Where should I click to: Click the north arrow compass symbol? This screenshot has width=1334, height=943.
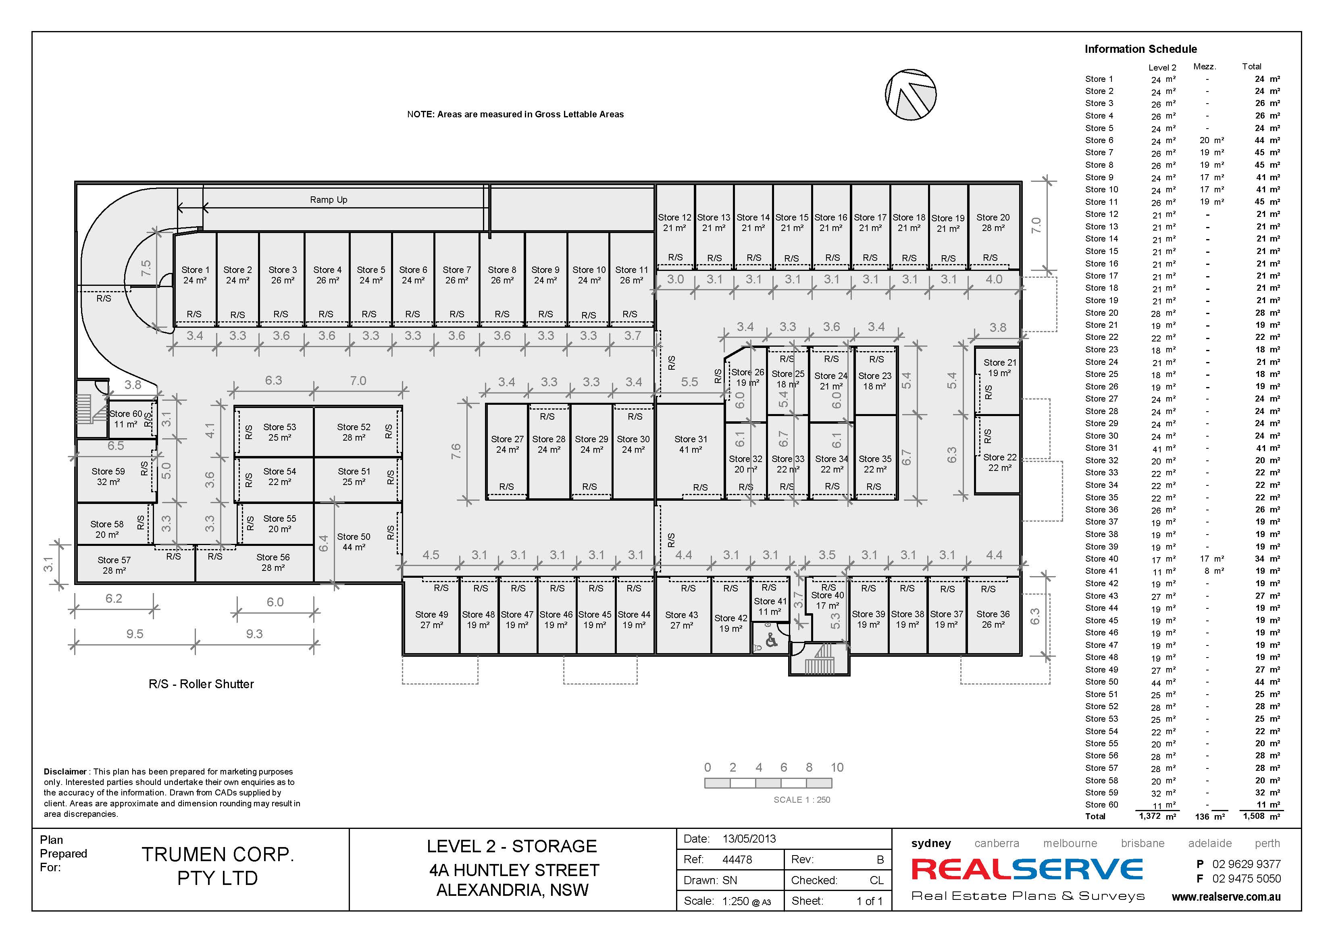click(x=910, y=95)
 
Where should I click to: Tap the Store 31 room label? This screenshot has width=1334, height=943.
click(x=691, y=444)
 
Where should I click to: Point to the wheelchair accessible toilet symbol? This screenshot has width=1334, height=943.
click(x=771, y=641)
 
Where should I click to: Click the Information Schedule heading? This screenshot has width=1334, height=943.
click(x=1140, y=49)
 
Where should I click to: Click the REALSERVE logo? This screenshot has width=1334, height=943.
click(x=1027, y=870)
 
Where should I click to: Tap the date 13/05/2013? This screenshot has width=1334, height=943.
click(x=749, y=839)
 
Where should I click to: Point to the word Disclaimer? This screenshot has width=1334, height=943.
click(x=65, y=772)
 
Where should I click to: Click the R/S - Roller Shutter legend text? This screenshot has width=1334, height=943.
click(x=201, y=684)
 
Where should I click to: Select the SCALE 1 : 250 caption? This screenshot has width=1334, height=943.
click(x=802, y=800)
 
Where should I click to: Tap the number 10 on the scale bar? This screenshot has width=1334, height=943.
click(x=837, y=768)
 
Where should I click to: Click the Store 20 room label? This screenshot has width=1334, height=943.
click(x=993, y=223)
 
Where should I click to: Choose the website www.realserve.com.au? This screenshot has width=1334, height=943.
click(x=1226, y=897)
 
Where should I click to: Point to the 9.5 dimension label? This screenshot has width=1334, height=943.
click(x=135, y=634)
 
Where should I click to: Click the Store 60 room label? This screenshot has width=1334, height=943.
click(x=126, y=419)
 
